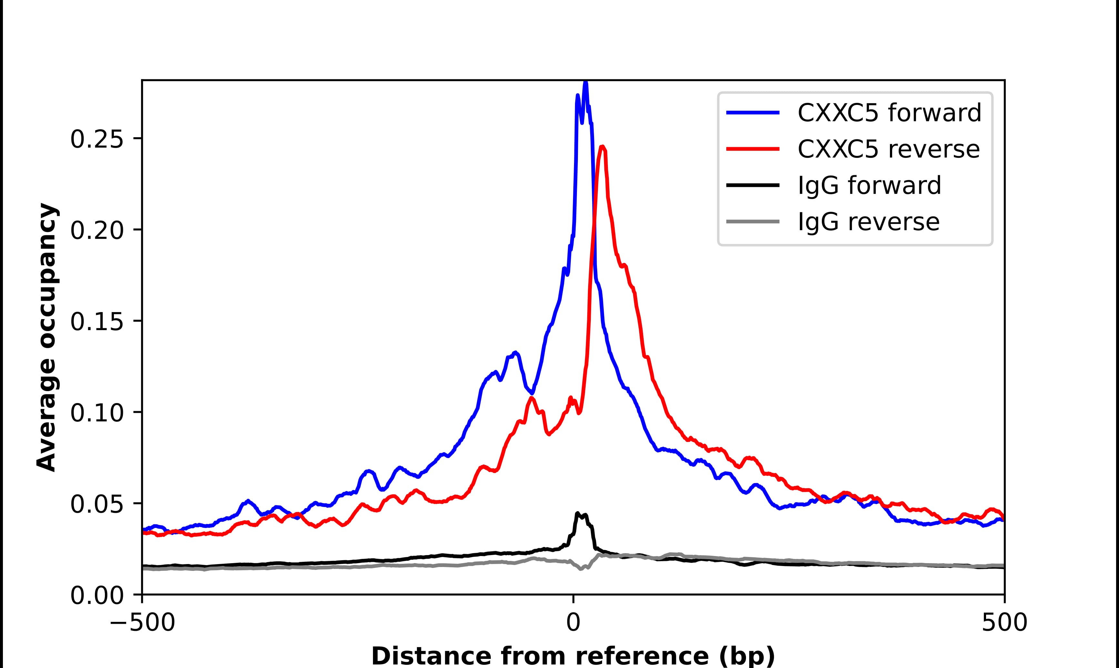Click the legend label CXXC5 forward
(889, 113)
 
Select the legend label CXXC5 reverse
(888, 149)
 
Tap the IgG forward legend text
(869, 186)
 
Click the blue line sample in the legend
(753, 113)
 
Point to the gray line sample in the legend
(753, 221)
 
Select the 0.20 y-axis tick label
(97, 231)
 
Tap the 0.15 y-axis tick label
(97, 323)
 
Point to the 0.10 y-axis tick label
(97, 414)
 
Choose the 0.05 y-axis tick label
(97, 505)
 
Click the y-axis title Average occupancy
(47, 338)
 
